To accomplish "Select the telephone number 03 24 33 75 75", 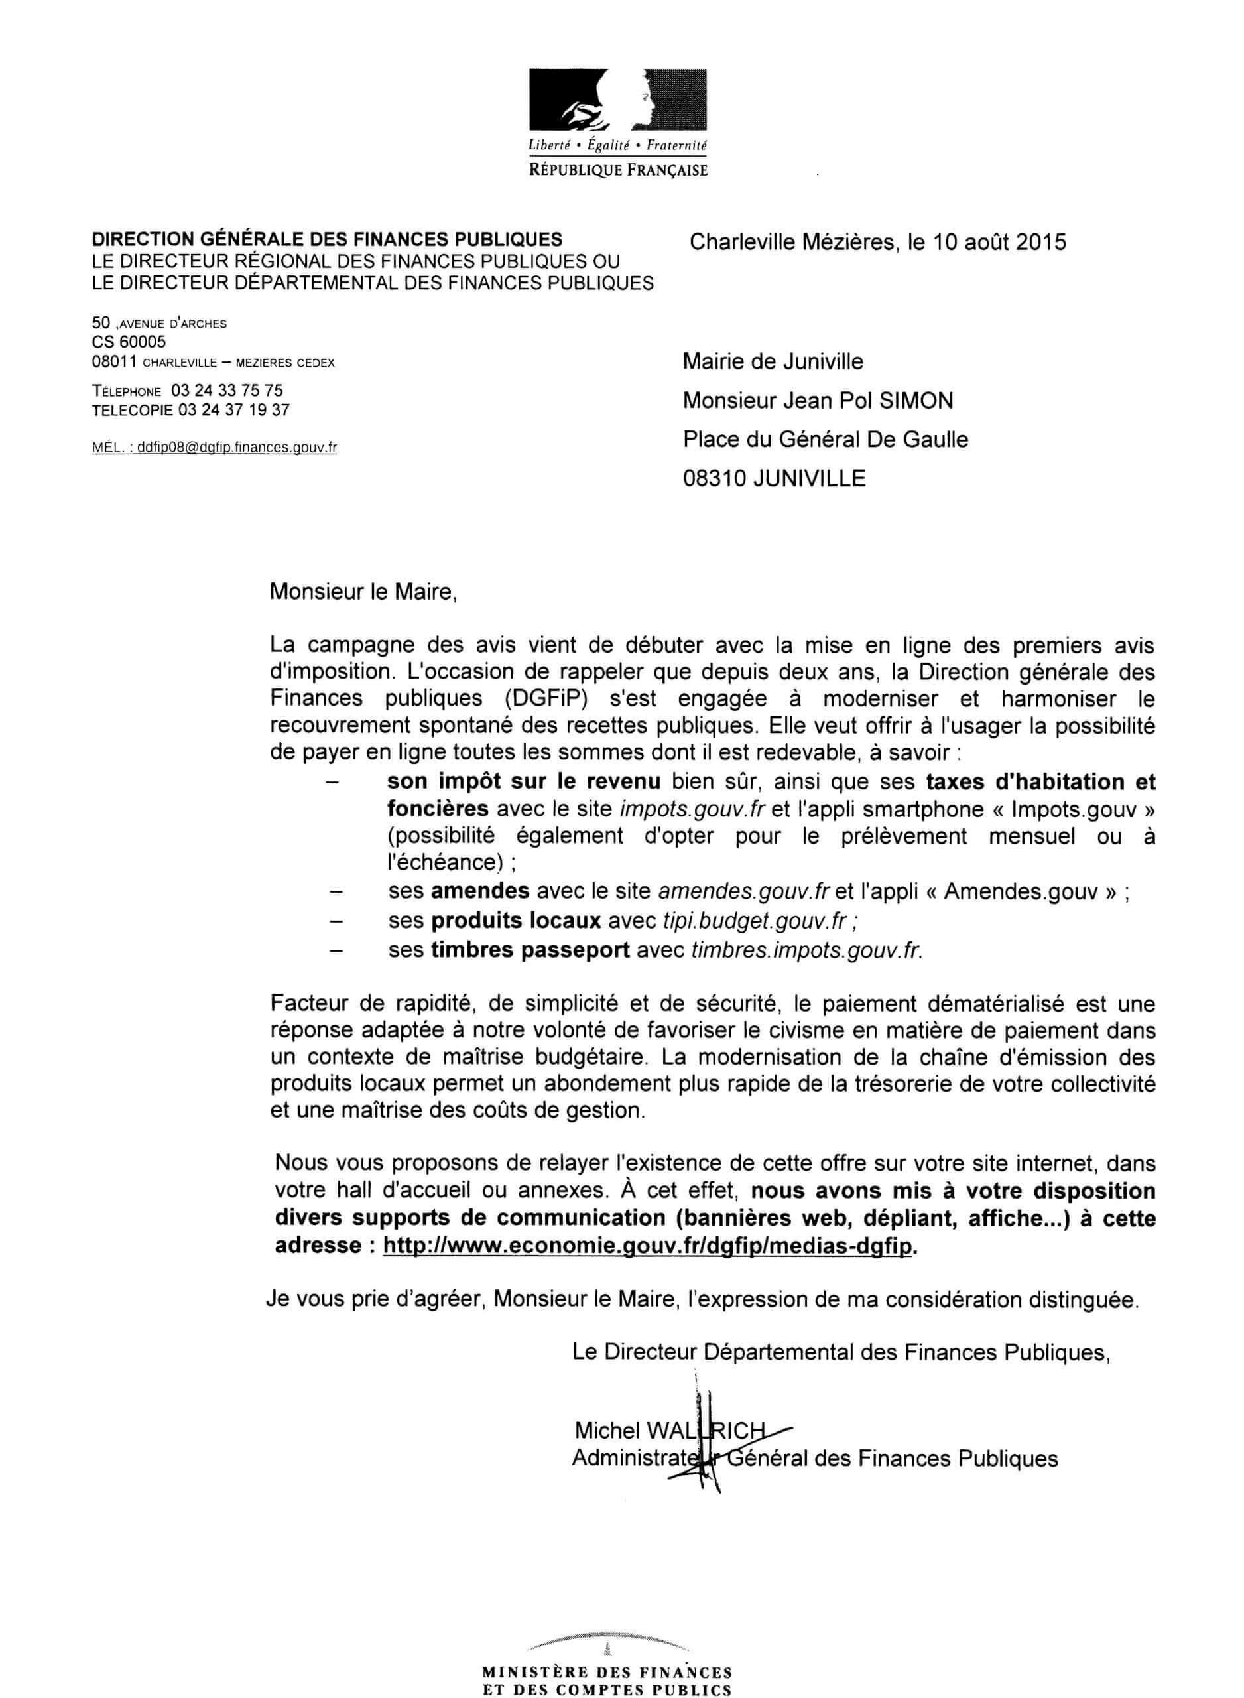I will point(227,390).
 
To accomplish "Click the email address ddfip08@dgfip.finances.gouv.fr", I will point(233,447).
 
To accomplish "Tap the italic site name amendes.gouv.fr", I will point(743,891).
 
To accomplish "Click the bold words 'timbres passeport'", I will point(529,950).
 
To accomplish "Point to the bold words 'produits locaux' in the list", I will point(516,920).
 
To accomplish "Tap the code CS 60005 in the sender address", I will point(129,343).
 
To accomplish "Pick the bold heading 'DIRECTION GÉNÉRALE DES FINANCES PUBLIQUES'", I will point(327,239).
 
